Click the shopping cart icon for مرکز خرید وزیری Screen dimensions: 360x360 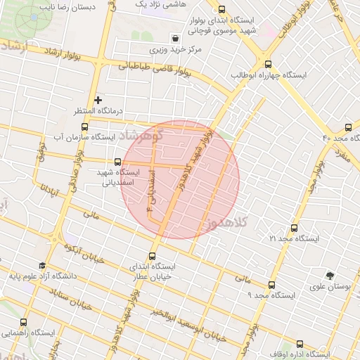174,38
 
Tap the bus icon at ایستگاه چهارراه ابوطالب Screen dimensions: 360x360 267,60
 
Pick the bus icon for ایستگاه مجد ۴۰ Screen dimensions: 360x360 349,127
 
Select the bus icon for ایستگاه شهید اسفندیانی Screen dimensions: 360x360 116,160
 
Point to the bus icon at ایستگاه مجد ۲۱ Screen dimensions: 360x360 295,228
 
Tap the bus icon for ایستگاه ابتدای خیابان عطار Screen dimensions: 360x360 153,257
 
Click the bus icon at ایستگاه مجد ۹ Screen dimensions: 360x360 271,285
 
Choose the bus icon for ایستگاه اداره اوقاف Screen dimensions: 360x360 300,344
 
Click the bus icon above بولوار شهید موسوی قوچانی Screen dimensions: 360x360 222,10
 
